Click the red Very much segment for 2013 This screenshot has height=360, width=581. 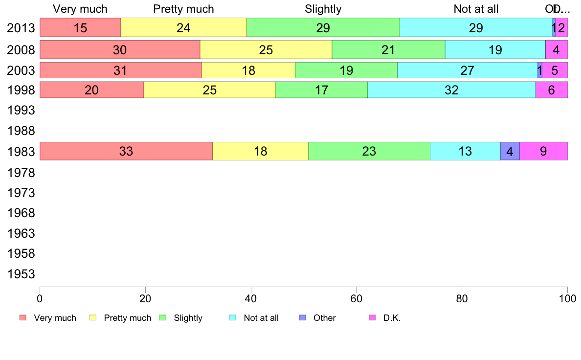(x=80, y=28)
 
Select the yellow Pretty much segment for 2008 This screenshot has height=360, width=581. (x=266, y=49)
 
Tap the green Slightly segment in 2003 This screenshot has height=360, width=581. (x=346, y=70)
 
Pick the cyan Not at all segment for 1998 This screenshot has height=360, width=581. (x=451, y=90)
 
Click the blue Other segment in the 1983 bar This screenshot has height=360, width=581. (x=510, y=151)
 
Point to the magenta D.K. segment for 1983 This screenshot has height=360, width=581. (x=543, y=151)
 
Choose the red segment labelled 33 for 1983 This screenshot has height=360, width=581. (x=126, y=151)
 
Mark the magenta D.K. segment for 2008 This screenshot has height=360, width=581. (x=556, y=49)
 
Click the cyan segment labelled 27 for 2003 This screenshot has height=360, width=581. (x=467, y=70)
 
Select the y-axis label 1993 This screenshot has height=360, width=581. (x=21, y=111)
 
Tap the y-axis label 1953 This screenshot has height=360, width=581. (x=21, y=274)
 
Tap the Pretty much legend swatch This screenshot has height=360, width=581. (x=92, y=318)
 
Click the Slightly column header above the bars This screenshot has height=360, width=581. (x=323, y=9)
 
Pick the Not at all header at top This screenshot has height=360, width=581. (x=476, y=9)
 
